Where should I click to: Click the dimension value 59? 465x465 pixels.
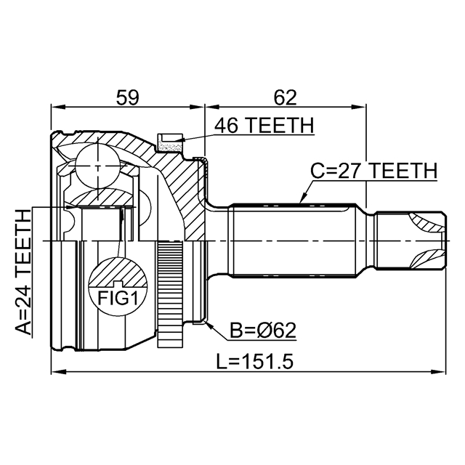click(127, 96)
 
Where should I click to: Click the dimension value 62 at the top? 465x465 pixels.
click(286, 96)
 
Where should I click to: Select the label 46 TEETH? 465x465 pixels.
click(264, 126)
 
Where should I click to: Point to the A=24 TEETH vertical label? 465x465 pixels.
click(24, 272)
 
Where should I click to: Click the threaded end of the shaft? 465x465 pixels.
click(411, 240)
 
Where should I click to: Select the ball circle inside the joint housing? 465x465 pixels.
click(98, 166)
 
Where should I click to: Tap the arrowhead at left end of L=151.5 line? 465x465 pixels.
click(55, 372)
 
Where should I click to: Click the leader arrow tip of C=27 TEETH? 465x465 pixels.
click(299, 203)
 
